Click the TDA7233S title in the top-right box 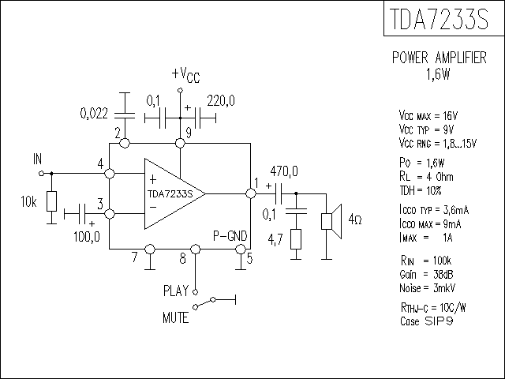click(x=439, y=19)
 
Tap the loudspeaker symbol click(x=331, y=221)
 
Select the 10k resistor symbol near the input click(x=51, y=201)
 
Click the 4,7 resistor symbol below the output click(x=296, y=239)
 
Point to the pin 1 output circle click(x=251, y=193)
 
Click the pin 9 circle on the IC click(x=180, y=143)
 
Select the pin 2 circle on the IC click(x=125, y=143)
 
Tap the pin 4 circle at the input click(x=110, y=174)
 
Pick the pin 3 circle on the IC click(x=110, y=214)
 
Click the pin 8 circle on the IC click(x=195, y=250)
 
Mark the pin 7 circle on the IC click(x=150, y=250)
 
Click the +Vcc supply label click(x=186, y=75)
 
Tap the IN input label click(x=37, y=159)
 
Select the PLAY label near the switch click(x=176, y=291)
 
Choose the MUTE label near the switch click(x=175, y=317)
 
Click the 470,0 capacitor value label click(x=284, y=171)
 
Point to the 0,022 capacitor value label click(x=94, y=114)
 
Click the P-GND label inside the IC click(x=230, y=236)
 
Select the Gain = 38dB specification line click(x=426, y=275)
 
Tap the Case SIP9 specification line click(x=427, y=321)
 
